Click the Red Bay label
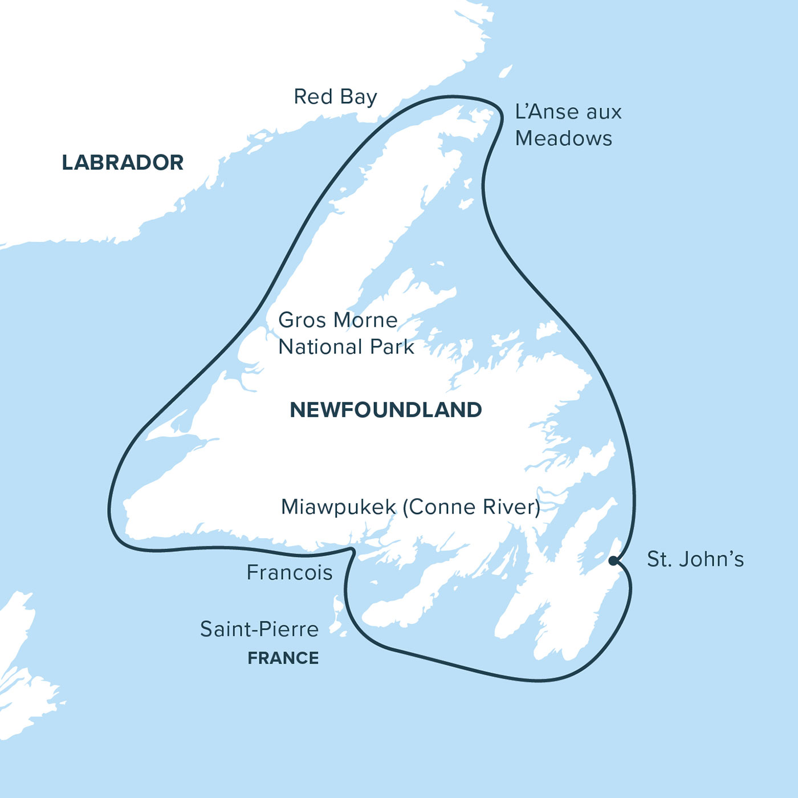[x=335, y=97]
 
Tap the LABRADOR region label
[x=123, y=163]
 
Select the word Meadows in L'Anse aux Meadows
[x=563, y=139]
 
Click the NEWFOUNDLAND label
[x=386, y=410]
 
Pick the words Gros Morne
[x=337, y=320]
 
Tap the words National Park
[x=346, y=347]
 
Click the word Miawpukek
[x=338, y=507]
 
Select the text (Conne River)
[x=471, y=507]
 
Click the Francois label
[x=289, y=572]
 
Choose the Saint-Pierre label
[x=259, y=629]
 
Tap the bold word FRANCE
[x=283, y=658]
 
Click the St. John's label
[x=695, y=560]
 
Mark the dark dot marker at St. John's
[x=613, y=561]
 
